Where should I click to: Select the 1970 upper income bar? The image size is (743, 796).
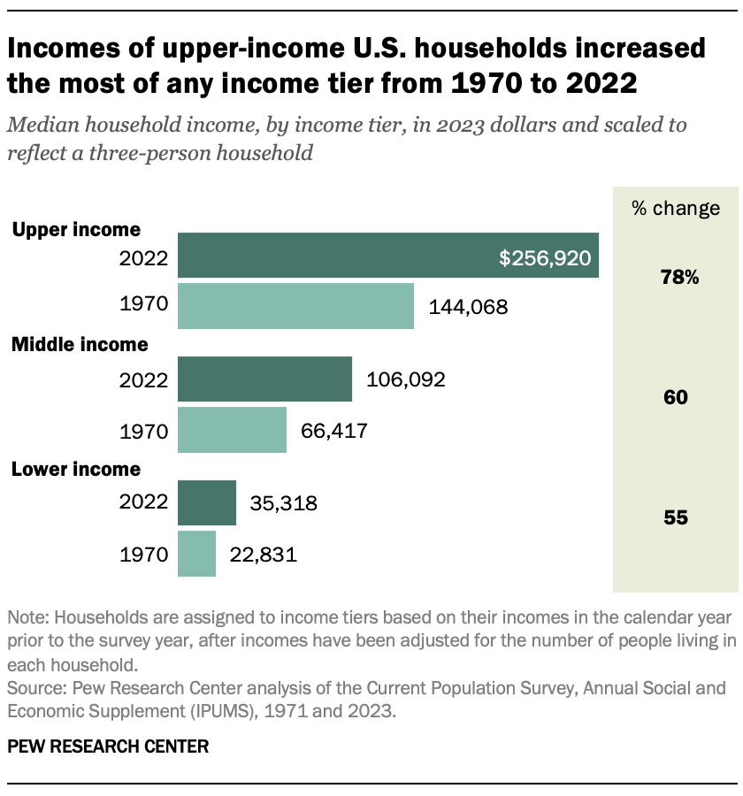[x=295, y=306]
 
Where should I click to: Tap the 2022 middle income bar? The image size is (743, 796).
[x=264, y=379]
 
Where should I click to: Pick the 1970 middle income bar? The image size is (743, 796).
[x=232, y=430]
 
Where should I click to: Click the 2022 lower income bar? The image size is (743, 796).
[x=207, y=503]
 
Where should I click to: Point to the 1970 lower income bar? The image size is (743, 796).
[x=196, y=554]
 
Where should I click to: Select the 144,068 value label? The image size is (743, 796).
[x=468, y=308]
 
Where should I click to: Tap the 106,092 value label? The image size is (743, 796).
[x=405, y=380]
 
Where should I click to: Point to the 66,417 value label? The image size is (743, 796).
[x=333, y=431]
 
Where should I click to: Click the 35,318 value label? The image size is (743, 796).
[x=283, y=504]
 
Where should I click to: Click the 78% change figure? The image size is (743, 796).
[x=679, y=278]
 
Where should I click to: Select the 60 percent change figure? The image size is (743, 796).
[x=676, y=398]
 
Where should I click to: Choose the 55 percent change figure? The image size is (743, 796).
[x=676, y=518]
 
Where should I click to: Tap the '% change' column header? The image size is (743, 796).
[x=676, y=209]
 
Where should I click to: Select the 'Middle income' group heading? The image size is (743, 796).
[x=79, y=344]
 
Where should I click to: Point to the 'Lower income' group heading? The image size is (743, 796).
[x=75, y=469]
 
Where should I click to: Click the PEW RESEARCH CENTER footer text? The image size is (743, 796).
[x=108, y=746]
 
